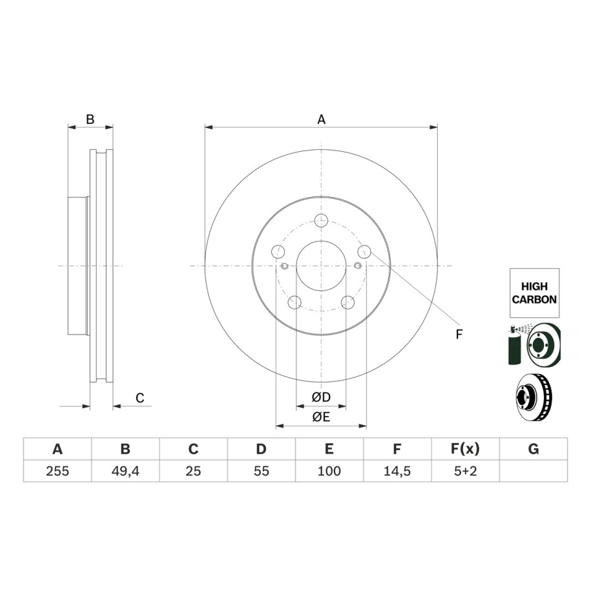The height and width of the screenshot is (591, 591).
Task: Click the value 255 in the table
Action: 57,471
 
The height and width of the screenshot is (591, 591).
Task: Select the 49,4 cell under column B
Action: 125,471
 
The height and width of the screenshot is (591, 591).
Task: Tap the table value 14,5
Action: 397,471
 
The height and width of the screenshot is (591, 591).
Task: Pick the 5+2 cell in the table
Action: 465,471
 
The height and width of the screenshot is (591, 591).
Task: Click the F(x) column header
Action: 465,449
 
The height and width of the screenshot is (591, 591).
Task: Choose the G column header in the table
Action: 534,449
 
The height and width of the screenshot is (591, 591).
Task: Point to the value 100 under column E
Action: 329,471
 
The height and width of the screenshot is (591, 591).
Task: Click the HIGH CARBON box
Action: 534,293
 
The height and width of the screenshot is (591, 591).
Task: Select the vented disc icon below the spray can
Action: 534,397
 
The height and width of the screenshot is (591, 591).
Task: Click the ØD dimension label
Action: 321,397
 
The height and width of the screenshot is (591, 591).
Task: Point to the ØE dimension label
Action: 321,417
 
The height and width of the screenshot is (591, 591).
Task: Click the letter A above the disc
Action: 321,119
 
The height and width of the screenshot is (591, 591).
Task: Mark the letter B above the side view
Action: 90,119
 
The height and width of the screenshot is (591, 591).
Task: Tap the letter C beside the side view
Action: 140,398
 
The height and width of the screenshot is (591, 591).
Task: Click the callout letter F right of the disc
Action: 459,334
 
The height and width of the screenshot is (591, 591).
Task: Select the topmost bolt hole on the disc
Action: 321,220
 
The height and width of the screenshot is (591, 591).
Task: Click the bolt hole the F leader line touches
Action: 364,251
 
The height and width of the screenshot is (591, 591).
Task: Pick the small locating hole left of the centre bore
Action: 285,266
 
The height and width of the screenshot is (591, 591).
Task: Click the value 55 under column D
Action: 261,471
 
